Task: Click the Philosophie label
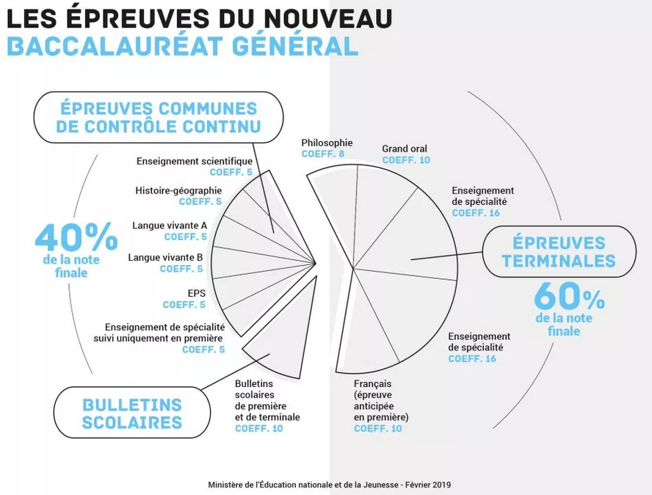[x=327, y=142]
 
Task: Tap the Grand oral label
[x=404, y=149]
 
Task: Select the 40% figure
[x=76, y=237]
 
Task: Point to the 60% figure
[x=569, y=297]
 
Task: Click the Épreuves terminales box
[x=559, y=251]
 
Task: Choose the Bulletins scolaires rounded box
[x=132, y=413]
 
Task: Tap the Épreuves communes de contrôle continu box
[x=159, y=118]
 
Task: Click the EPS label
[x=196, y=293]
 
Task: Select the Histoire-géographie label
[x=178, y=190]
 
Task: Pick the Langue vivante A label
[x=170, y=225]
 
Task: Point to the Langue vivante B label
[x=165, y=257]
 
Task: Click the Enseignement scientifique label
[x=195, y=161]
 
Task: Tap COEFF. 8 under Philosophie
[x=322, y=154]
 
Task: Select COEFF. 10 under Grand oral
[x=406, y=160]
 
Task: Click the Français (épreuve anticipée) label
[x=380, y=400]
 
